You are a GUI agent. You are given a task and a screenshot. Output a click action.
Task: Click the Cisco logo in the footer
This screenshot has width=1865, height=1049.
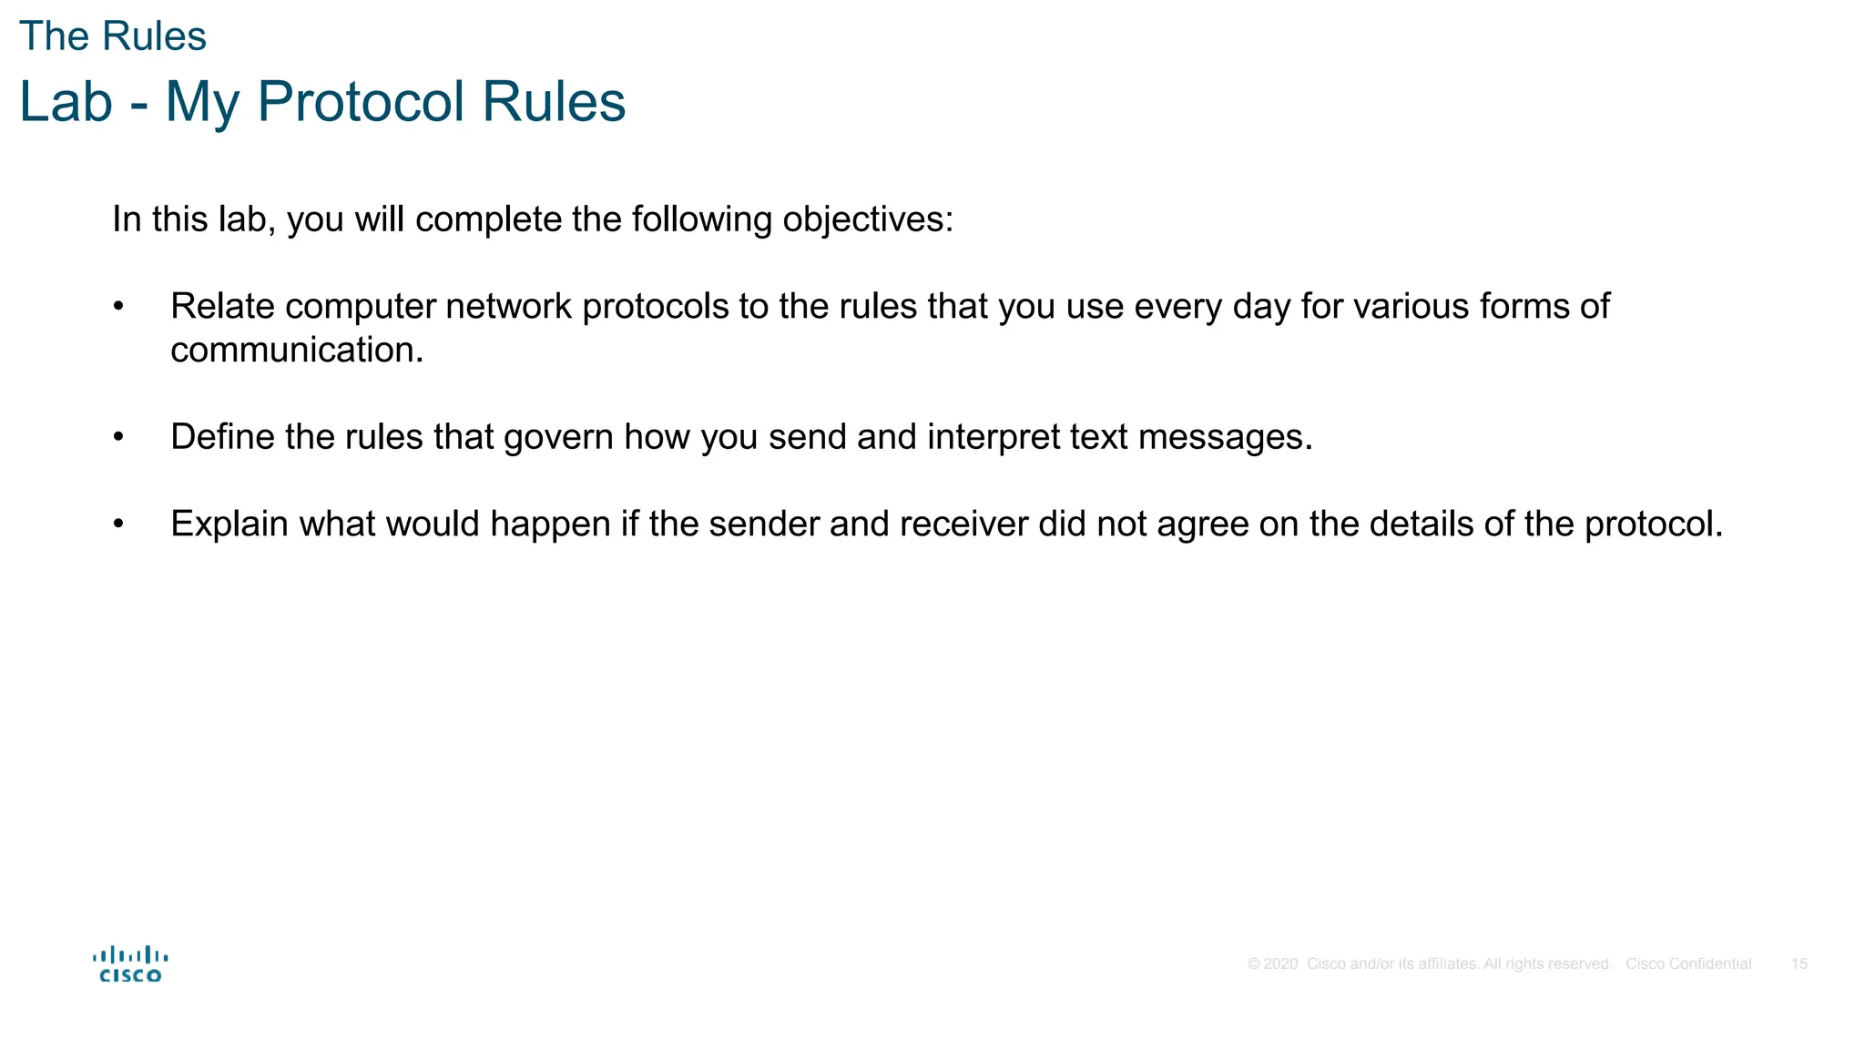pos(130,964)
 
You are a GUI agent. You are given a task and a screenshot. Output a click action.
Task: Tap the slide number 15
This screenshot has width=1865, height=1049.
pos(1799,964)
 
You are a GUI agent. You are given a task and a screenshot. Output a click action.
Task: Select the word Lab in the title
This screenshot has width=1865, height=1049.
pos(66,102)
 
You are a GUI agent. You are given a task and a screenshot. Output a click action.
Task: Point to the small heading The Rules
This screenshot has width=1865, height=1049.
pos(113,36)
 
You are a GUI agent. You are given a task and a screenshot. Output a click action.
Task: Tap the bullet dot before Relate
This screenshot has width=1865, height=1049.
pos(118,307)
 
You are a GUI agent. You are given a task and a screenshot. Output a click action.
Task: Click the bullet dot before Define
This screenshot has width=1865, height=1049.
pos(118,438)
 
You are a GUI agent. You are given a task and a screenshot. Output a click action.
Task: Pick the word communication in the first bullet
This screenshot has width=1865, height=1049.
pos(296,351)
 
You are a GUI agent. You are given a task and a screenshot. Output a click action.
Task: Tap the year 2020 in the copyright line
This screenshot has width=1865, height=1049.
pos(1280,964)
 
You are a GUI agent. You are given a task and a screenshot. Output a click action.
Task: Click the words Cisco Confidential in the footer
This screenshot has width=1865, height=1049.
pos(1688,964)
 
